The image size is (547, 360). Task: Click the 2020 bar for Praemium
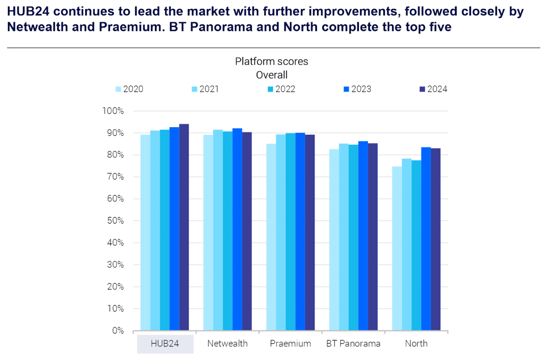pos(271,237)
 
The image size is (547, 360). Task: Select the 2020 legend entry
pos(130,89)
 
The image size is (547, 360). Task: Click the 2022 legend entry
pos(282,89)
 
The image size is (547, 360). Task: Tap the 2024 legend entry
pos(433,89)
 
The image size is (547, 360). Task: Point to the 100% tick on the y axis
pos(113,111)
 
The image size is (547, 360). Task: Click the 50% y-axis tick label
pos(115,221)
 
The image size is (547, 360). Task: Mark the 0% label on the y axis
pos(118,331)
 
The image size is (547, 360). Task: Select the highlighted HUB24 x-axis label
pos(165,344)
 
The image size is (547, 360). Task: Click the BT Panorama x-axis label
pos(353,344)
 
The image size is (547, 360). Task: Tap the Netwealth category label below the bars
pos(228,344)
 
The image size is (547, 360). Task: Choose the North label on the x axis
pos(416,344)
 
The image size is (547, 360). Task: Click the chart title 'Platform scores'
pos(271,61)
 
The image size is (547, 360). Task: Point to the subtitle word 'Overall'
pos(271,75)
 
